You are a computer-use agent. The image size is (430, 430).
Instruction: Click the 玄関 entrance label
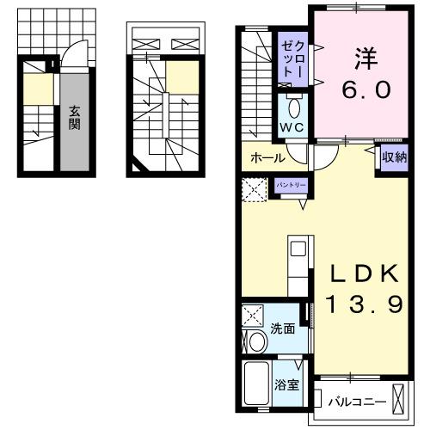[75, 117]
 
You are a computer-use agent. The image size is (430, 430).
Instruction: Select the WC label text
[289, 130]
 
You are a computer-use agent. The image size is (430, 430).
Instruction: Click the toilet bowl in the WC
[295, 108]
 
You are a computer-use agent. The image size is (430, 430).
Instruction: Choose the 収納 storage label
[394, 157]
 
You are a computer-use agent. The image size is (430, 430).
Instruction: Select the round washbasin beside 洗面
[255, 341]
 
